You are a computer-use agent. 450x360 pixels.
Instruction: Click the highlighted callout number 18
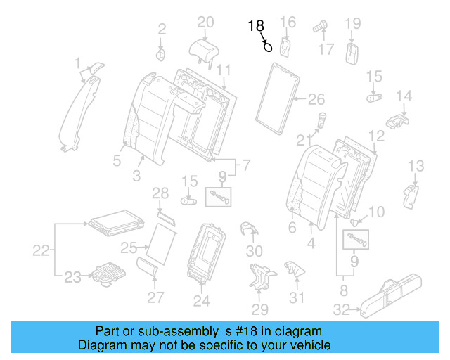255,27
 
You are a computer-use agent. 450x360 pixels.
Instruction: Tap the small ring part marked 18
268,48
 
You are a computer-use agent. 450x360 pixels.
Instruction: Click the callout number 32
341,309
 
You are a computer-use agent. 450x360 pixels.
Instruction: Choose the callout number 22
42,250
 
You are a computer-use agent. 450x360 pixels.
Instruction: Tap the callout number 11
223,70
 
